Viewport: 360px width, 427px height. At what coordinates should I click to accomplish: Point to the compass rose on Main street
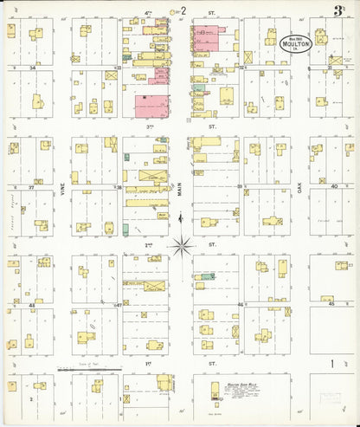pyautogui.click(x=182, y=245)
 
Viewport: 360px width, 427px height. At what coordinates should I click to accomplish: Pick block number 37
pyautogui.click(x=32, y=185)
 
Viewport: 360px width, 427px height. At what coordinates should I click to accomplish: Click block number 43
pyautogui.click(x=32, y=304)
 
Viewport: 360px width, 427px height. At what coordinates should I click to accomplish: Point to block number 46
pyautogui.click(x=240, y=304)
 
